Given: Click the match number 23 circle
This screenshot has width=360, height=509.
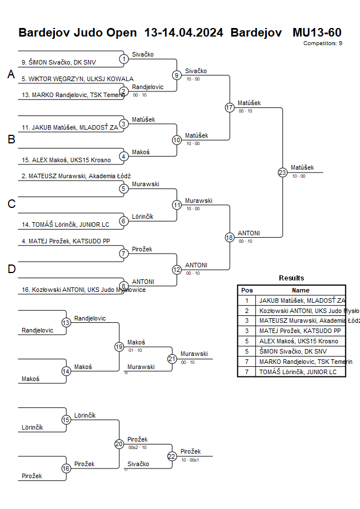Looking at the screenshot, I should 282,173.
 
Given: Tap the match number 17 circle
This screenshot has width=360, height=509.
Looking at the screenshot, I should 230,107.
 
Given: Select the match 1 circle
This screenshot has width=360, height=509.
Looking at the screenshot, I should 123,59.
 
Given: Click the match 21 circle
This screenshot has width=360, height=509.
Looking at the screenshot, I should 172,359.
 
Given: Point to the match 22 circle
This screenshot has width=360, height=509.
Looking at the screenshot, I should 172,456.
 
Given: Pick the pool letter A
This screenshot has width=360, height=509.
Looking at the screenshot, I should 11,74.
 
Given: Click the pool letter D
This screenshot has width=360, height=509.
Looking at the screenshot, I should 11,269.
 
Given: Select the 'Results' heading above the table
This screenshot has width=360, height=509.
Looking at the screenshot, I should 291,278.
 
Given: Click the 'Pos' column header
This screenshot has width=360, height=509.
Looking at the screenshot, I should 247,290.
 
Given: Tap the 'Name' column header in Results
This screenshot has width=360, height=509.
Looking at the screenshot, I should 301,290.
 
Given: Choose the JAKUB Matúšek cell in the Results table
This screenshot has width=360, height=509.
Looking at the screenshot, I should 301,300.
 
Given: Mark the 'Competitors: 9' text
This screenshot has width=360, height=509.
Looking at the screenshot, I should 323,43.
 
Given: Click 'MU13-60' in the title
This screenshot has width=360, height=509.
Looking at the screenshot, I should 317,32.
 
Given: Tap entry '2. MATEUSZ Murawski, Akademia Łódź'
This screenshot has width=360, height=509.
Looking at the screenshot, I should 80,177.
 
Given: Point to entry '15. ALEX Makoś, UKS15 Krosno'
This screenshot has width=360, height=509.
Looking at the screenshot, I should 66,160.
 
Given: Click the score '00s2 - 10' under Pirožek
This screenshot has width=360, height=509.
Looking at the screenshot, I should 137,447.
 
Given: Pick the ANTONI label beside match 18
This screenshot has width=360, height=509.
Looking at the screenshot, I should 249,233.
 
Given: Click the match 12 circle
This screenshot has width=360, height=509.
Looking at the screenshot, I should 177,270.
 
